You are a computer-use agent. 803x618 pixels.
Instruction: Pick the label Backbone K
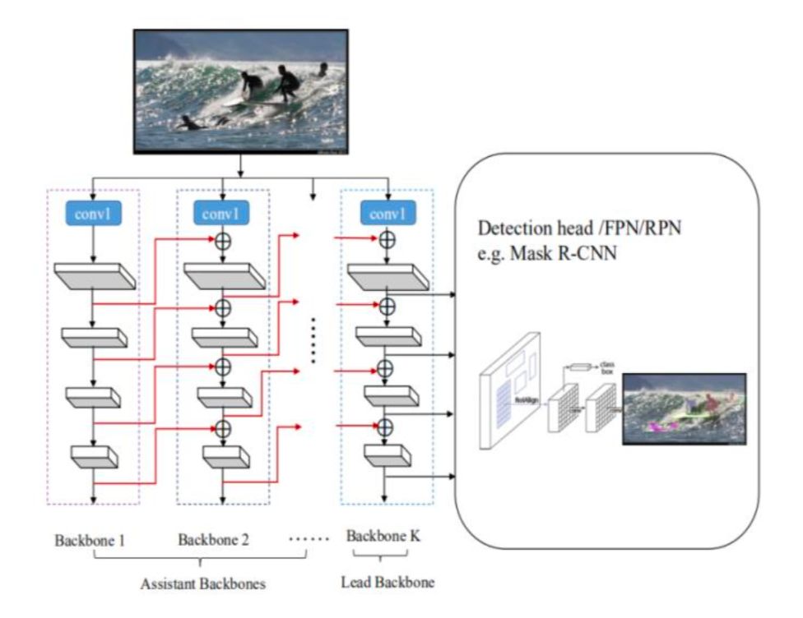click(383, 536)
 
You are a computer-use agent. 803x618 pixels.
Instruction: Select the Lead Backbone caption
click(387, 583)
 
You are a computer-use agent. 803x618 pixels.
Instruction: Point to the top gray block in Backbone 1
click(93, 276)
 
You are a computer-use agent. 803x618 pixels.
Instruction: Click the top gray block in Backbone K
click(387, 277)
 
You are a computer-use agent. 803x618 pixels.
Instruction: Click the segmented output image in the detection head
click(684, 408)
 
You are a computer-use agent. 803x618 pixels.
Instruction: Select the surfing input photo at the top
click(241, 91)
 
